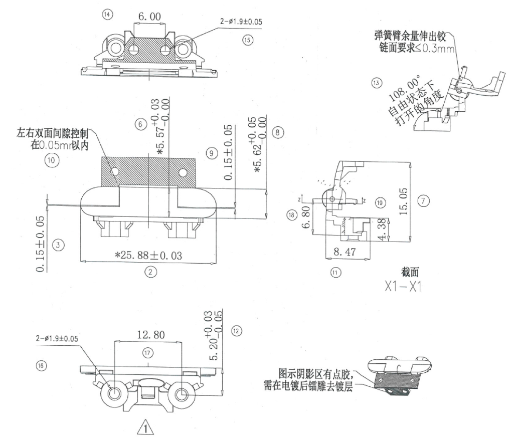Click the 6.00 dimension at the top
coord(149,17)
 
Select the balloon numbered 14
coord(106,15)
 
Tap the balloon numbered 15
coord(247,40)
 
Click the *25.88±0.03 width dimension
coord(148,256)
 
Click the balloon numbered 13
coord(377,82)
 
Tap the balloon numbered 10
coord(51,160)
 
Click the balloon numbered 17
coord(147,353)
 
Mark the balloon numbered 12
coord(236,330)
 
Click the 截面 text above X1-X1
coord(410,273)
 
